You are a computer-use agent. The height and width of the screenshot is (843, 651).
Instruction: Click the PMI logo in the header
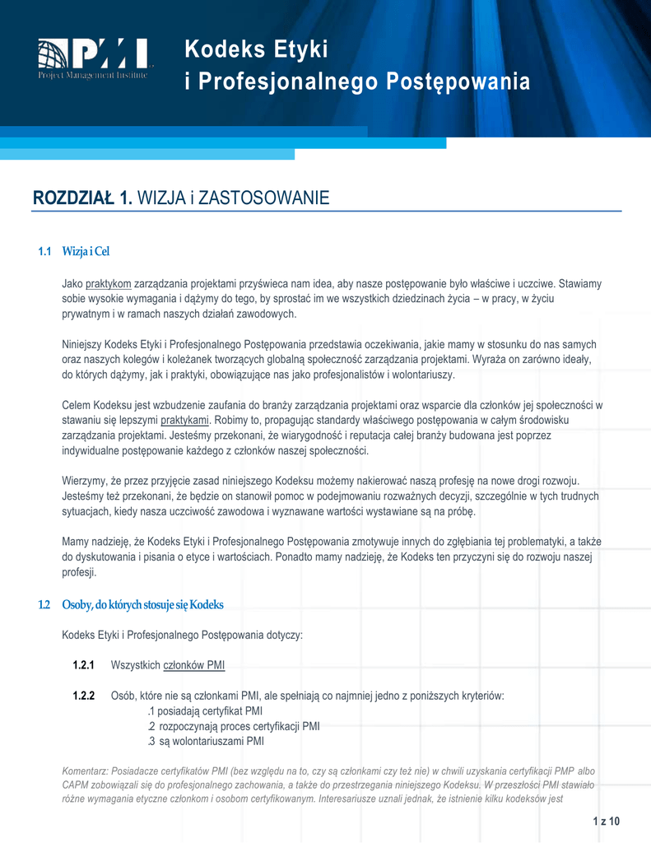94,59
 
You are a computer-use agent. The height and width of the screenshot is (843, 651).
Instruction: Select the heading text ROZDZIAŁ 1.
82,198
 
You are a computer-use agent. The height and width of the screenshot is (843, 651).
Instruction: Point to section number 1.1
45,251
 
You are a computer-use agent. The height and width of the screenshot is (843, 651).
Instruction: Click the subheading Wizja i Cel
86,251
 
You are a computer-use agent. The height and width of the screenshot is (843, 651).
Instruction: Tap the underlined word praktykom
108,283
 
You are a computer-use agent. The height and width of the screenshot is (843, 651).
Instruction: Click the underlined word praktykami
184,420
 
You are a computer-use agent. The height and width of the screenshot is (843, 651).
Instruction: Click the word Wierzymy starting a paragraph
86,481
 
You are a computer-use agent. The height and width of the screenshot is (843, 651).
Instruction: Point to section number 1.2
45,605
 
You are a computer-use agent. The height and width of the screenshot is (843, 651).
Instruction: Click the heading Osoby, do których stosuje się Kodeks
142,605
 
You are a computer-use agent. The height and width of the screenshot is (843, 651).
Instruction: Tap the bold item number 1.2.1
83,665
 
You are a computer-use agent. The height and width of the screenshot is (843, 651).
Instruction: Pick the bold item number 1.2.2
83,696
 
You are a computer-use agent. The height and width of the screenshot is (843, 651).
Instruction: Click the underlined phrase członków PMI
195,665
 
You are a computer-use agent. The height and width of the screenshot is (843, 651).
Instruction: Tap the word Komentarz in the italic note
85,771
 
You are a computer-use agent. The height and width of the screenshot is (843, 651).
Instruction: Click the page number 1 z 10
606,822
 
